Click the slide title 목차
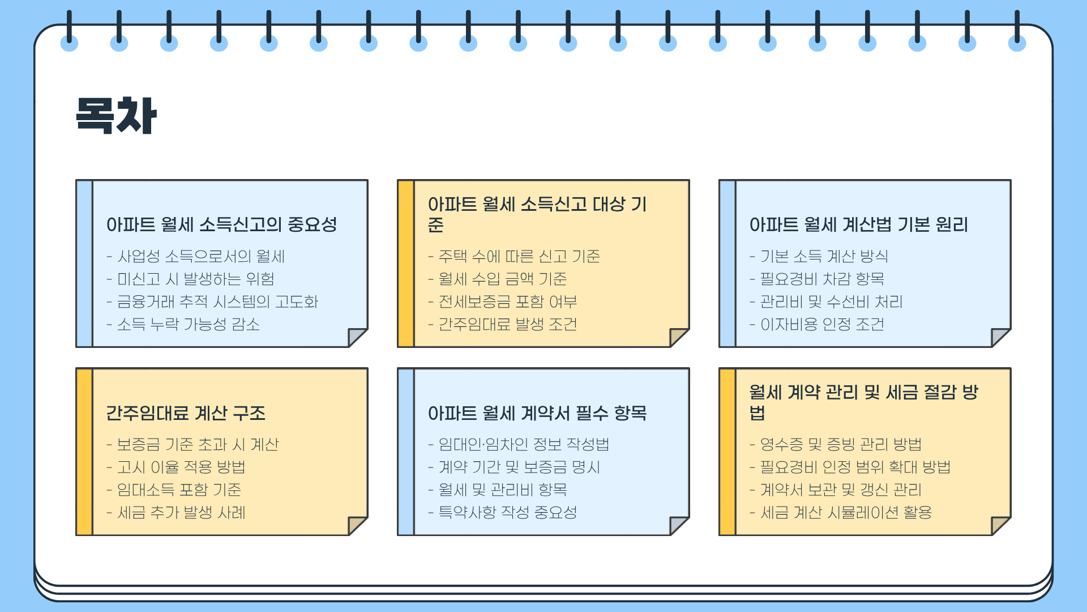[x=116, y=116]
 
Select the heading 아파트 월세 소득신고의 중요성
[x=221, y=224]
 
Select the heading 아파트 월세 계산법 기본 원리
[x=858, y=224]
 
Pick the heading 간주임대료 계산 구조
[x=186, y=413]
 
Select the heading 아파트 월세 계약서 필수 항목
[x=537, y=413]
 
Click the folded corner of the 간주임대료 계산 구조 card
[x=357, y=525]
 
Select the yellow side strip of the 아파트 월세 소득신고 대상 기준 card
[x=406, y=263]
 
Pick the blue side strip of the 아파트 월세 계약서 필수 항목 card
[x=406, y=452]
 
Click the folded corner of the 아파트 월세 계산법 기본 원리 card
[x=1000, y=337]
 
